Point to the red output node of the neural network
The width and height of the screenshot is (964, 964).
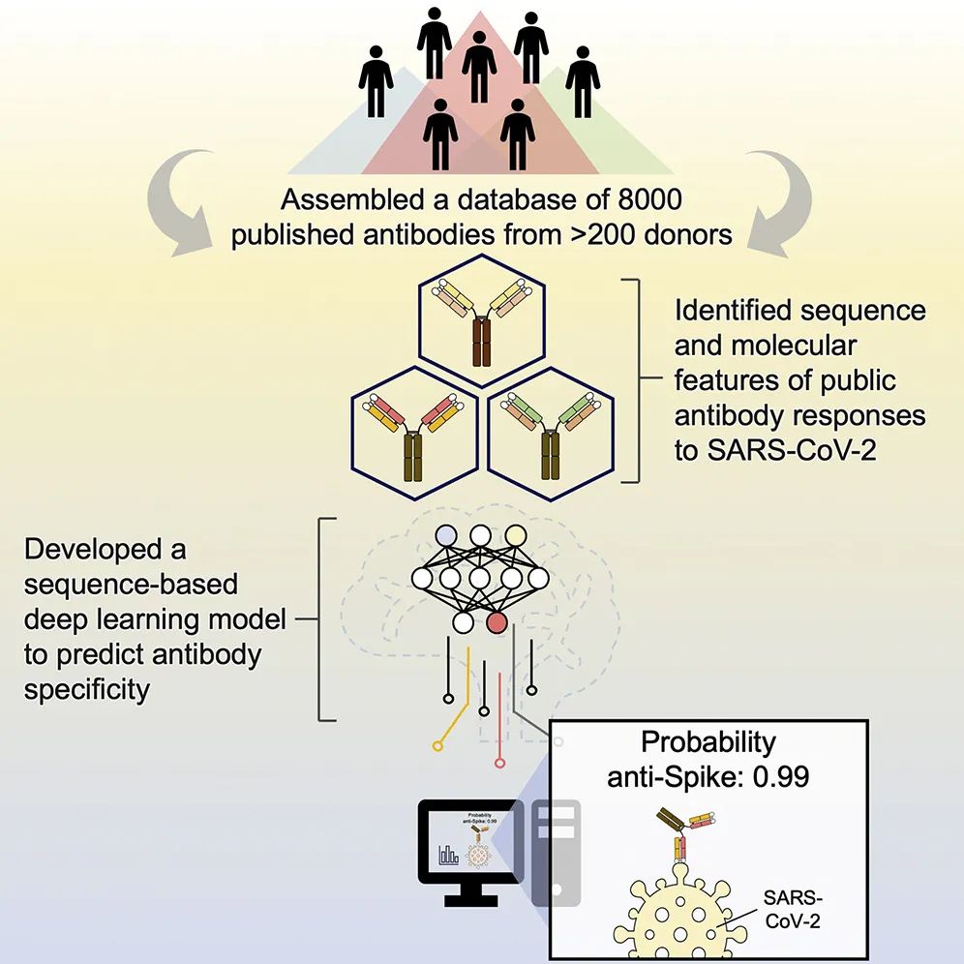click(x=498, y=622)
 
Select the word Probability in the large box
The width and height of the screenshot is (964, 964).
click(x=709, y=742)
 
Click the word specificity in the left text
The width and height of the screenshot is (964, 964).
click(x=85, y=691)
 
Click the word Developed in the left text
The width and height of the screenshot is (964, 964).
click(x=87, y=549)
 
